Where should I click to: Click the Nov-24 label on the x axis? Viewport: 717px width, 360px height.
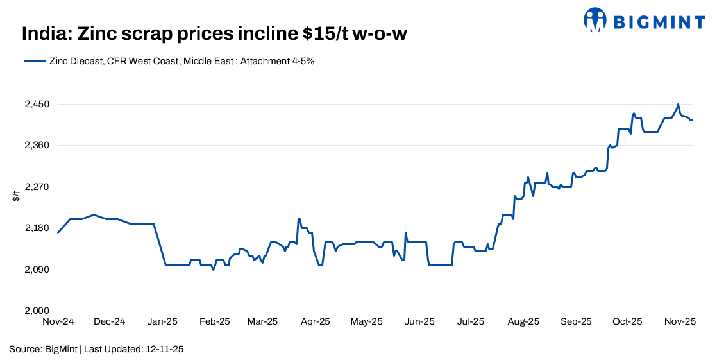(58, 321)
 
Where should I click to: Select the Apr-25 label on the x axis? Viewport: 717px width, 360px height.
(316, 321)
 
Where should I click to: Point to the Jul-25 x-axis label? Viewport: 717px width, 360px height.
(471, 321)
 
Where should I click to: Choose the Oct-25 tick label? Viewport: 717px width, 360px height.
(627, 321)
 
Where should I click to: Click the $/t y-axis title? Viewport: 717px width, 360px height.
(16, 196)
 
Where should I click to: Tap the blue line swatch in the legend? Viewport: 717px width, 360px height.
(35, 62)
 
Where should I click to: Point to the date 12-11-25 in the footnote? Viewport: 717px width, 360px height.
(165, 349)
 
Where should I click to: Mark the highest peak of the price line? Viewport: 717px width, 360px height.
(678, 104)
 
